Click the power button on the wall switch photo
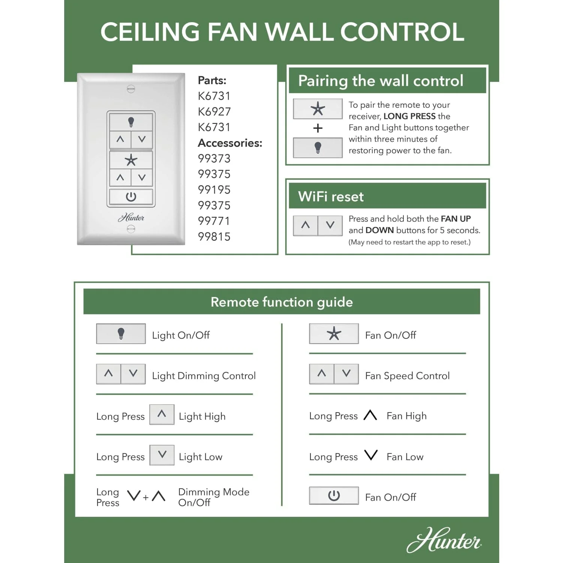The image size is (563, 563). tap(131, 197)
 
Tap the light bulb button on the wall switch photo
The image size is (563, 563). tap(131, 122)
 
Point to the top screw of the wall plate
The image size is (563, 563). tap(131, 89)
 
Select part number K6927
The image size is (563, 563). tap(214, 111)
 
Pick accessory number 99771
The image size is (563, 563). tap(214, 221)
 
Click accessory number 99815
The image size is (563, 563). tap(214, 237)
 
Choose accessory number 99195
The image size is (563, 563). tap(214, 190)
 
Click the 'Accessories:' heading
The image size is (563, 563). tap(230, 143)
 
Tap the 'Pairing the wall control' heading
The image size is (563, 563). tap(381, 81)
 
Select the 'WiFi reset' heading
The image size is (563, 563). tap(331, 197)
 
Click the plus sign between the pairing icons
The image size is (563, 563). tap(318, 128)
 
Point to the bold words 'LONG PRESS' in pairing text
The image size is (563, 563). tap(409, 116)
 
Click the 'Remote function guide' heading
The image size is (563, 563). tap(281, 302)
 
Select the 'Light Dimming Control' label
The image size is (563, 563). tap(204, 376)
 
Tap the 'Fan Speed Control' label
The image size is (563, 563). tap(407, 376)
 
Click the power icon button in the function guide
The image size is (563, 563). tap(334, 496)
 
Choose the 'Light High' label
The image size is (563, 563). tap(202, 416)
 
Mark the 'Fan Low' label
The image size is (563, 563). tap(405, 457)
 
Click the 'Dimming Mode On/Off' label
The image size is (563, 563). tap(214, 497)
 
